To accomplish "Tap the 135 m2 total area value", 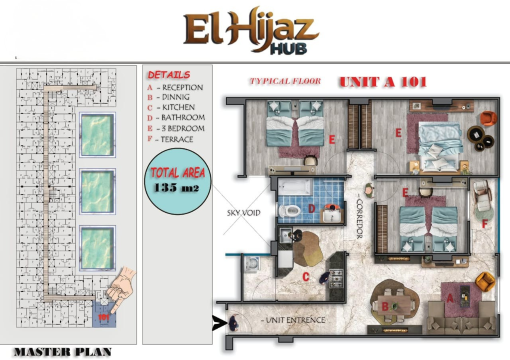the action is coord(176,188).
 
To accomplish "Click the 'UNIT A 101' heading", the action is coord(383,82).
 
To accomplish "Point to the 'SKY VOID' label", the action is coord(244,213).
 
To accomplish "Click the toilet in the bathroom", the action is coord(289,211).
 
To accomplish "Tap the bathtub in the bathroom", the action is coord(295,187).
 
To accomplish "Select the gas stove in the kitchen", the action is coord(336,279).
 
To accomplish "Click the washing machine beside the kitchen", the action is coord(252,264).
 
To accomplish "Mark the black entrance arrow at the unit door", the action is coord(218,323).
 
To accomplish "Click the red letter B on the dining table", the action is coord(385,306).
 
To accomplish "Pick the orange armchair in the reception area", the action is coord(485,282).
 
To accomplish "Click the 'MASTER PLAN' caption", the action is coord(63,352).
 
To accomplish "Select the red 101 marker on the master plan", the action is coord(104,317).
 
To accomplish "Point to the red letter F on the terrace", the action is coord(485,224).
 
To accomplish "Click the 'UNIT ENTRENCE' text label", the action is coord(293,320).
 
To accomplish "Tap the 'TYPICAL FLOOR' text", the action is coord(285,81).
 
